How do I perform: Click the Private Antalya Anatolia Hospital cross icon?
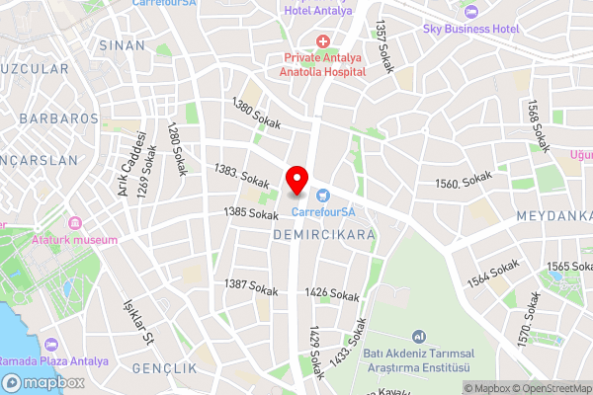[322, 40]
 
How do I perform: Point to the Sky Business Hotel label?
[470, 29]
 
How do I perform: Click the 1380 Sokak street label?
[254, 116]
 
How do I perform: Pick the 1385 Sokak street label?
[250, 213]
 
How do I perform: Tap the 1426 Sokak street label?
[332, 294]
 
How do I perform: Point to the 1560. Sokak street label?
[463, 184]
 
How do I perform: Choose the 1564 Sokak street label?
[493, 274]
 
